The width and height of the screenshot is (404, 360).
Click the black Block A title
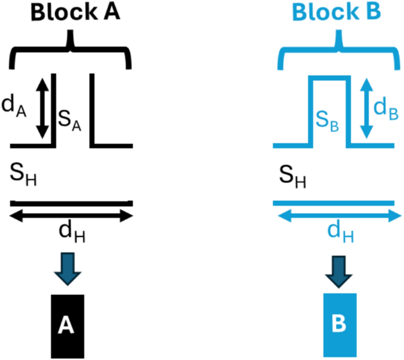pos(71,13)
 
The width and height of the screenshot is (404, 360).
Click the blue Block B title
pos(337,13)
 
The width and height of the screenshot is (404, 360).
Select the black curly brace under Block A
pos(71,50)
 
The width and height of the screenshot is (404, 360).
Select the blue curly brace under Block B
pos(337,50)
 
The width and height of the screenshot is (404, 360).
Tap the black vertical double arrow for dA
pos(41,107)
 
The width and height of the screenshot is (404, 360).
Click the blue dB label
pos(387,106)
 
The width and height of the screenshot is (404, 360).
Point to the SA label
pos(70,121)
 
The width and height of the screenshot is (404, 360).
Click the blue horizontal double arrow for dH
pos(337,216)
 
